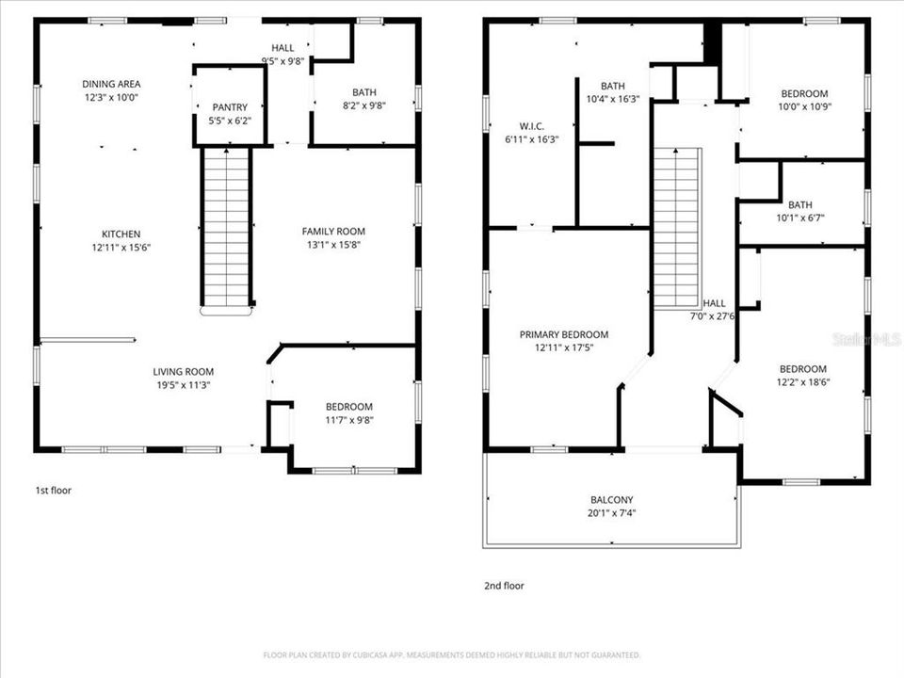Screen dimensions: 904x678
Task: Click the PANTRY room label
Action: coord(230,107)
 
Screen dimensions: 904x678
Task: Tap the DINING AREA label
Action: coord(111,84)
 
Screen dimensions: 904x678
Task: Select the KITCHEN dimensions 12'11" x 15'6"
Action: coord(121,248)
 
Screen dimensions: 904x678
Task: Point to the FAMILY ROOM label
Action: coord(333,232)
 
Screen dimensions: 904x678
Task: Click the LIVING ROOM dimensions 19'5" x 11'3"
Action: coord(184,385)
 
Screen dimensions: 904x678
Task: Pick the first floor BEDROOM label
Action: coord(348,407)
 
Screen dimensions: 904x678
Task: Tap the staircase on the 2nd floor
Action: coord(677,228)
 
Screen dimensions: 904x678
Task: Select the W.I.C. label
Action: coord(531,126)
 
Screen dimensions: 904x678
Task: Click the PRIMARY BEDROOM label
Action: coord(564,334)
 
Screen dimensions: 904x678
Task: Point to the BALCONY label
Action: coord(612,500)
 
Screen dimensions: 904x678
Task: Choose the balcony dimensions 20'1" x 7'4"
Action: coord(612,513)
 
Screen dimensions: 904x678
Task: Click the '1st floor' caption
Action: coord(53,490)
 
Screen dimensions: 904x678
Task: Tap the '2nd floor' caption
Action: coord(504,585)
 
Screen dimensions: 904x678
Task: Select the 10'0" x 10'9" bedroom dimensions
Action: coord(804,106)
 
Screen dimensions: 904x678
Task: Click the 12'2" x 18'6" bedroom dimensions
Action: coord(802,382)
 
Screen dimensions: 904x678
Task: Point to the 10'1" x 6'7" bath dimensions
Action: coord(800,218)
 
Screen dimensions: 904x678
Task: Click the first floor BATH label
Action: coord(363,92)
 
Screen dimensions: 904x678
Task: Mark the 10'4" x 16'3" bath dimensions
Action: coord(612,99)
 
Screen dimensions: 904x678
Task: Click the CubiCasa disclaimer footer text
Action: coord(451,655)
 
